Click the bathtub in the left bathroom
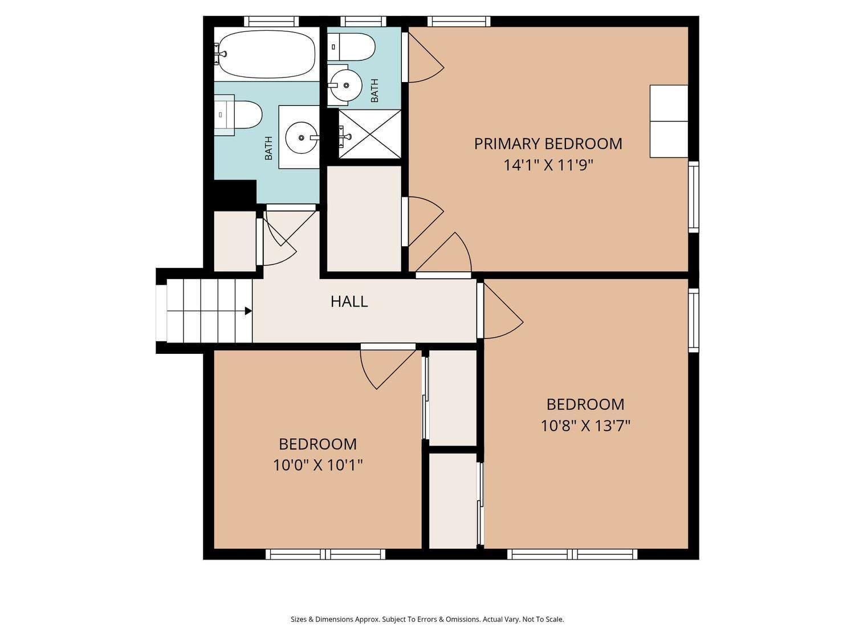(267, 54)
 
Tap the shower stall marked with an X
(370, 134)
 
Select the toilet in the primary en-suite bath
(353, 47)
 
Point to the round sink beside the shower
(345, 85)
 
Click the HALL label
(349, 301)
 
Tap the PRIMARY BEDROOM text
(548, 144)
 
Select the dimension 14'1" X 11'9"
(548, 165)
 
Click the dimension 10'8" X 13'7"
(585, 426)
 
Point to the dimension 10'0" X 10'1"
(317, 466)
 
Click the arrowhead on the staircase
(248, 311)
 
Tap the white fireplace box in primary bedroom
(669, 121)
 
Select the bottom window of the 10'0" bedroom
(325, 554)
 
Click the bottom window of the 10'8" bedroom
(572, 554)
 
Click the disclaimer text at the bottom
(427, 619)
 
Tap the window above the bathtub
(271, 22)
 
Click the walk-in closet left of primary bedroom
(364, 219)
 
